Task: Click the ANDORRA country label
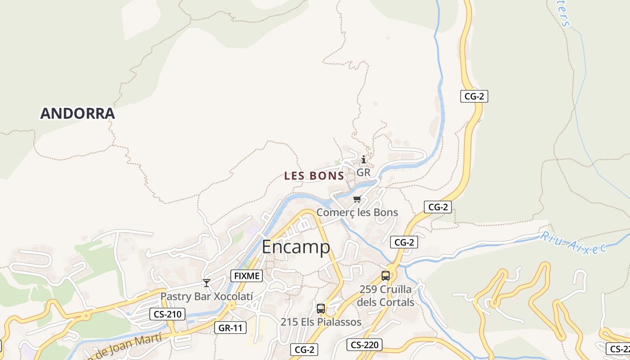(x=77, y=113)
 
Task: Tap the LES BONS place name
(x=314, y=176)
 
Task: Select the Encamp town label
(x=296, y=247)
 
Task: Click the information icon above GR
(x=364, y=160)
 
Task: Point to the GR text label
(x=363, y=172)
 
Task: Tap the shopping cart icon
(x=357, y=199)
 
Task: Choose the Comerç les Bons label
(x=357, y=212)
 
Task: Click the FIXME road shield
(x=247, y=276)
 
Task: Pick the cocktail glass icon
(x=207, y=283)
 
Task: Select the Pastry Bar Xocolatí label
(x=207, y=296)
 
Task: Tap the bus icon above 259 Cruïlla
(x=386, y=276)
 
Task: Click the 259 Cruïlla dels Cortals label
(x=386, y=295)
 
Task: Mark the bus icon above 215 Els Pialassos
(x=321, y=309)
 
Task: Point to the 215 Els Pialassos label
(x=321, y=322)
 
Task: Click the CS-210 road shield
(x=167, y=314)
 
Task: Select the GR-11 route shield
(x=230, y=328)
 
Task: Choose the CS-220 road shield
(x=364, y=345)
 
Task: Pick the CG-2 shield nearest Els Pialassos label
(x=304, y=350)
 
